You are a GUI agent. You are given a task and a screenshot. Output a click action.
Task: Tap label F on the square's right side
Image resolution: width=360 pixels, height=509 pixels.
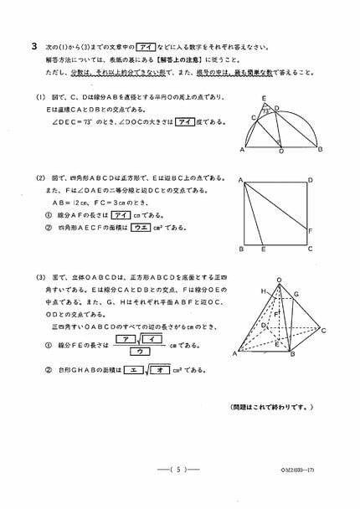tap(311, 231)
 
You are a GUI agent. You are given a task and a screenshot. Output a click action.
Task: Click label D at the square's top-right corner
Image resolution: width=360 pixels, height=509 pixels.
tap(311, 180)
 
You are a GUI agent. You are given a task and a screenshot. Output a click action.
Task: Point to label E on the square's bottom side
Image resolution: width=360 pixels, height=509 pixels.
tap(264, 249)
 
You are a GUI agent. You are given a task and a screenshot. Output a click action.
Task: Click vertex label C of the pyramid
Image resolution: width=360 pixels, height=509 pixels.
tap(323, 331)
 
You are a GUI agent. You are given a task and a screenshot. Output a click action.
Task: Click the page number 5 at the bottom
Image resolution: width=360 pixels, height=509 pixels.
tap(179, 469)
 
